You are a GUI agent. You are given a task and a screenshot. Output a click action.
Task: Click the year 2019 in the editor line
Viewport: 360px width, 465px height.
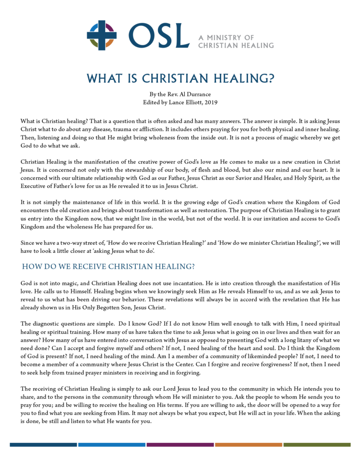coord(211,102)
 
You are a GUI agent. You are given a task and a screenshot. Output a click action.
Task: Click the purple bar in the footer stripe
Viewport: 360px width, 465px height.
coord(180,445)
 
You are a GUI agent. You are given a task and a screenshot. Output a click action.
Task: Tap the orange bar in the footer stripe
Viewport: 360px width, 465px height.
coord(248,445)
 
